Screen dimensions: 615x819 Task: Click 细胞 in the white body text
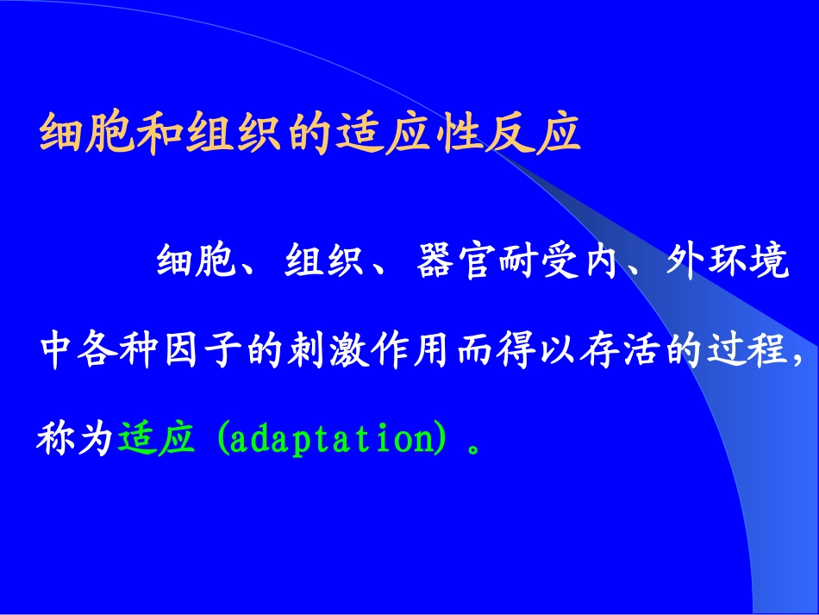[x=195, y=262]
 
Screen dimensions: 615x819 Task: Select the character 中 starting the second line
[x=57, y=351]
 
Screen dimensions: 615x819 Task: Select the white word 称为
[x=76, y=439]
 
